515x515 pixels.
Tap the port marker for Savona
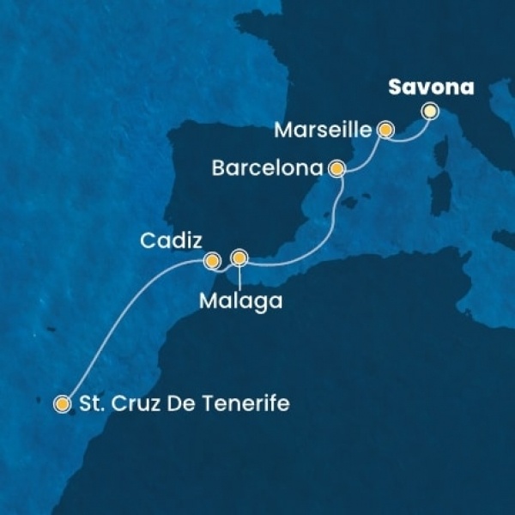click(x=429, y=111)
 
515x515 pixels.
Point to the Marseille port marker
click(x=386, y=130)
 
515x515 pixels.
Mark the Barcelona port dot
click(x=337, y=169)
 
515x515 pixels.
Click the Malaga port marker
click(x=239, y=257)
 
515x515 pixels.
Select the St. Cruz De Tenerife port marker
click(x=62, y=403)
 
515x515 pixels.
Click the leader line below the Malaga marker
click(x=239, y=276)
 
